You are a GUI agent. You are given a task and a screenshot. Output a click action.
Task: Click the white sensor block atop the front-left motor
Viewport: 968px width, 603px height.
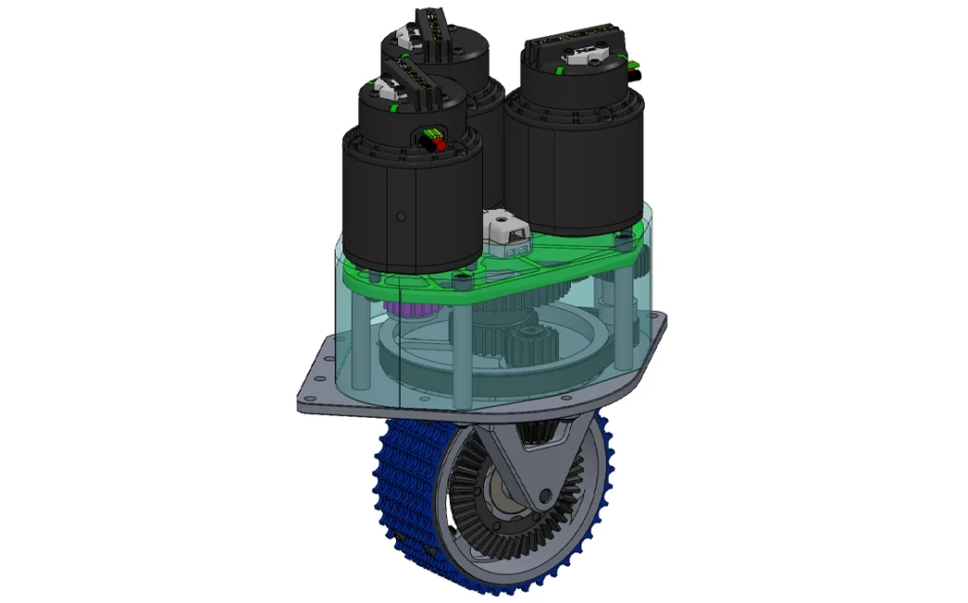point(384,91)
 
